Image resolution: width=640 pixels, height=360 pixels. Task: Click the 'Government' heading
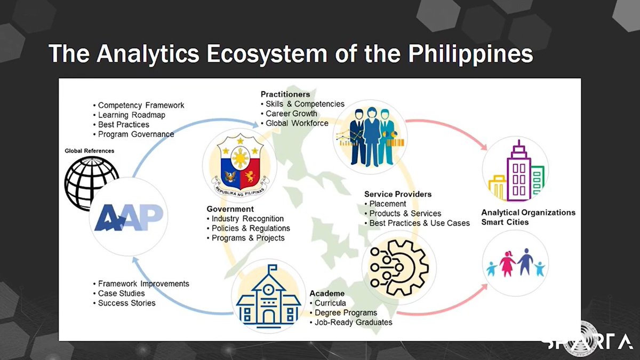click(230, 209)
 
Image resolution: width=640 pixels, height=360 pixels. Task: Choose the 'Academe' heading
click(327, 293)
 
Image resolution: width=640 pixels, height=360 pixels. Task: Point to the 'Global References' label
click(90, 151)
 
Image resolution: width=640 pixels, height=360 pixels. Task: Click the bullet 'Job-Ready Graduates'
click(353, 322)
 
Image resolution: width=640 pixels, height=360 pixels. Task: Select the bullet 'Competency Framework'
click(141, 106)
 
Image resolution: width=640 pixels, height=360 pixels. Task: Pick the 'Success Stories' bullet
click(126, 303)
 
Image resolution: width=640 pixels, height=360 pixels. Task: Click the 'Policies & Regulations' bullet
click(251, 228)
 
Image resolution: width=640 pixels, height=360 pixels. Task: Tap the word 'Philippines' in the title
click(457, 54)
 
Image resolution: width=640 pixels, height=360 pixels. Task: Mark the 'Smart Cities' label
click(505, 222)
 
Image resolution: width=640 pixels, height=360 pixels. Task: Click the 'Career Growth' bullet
click(291, 114)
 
